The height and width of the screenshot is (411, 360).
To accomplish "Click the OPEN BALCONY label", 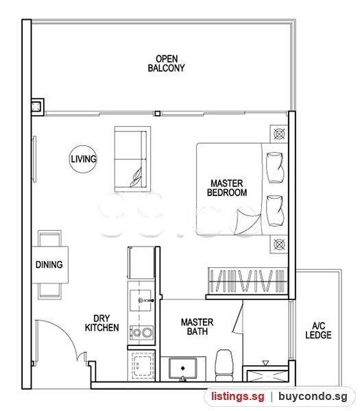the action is [166, 64].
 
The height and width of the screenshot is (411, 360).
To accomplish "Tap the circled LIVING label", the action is [84, 159].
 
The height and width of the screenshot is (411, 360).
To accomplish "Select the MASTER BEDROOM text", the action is [227, 188].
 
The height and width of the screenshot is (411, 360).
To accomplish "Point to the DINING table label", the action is [49, 264].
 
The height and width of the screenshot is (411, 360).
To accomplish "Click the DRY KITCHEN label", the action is [101, 323].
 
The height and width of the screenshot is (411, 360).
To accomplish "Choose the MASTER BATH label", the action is [197, 327].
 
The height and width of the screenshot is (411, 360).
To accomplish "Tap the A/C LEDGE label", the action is [318, 330].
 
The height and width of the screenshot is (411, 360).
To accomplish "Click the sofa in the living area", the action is [132, 159].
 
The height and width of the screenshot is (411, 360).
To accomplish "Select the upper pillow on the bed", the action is [275, 168].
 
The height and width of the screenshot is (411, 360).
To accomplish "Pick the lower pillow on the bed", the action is [275, 210].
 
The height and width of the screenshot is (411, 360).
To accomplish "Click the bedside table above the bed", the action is [279, 134].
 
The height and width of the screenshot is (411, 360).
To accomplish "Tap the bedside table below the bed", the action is [279, 245].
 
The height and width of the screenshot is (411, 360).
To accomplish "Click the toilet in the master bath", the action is [224, 365].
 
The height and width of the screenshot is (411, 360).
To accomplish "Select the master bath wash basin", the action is [182, 369].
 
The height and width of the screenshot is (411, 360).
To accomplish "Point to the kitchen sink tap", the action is [146, 301].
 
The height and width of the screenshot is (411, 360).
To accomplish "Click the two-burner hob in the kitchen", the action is [142, 333].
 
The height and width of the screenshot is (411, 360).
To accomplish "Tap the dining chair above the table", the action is [49, 238].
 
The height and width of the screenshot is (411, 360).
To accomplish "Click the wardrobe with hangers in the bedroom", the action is [248, 281].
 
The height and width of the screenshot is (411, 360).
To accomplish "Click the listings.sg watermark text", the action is [238, 396].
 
